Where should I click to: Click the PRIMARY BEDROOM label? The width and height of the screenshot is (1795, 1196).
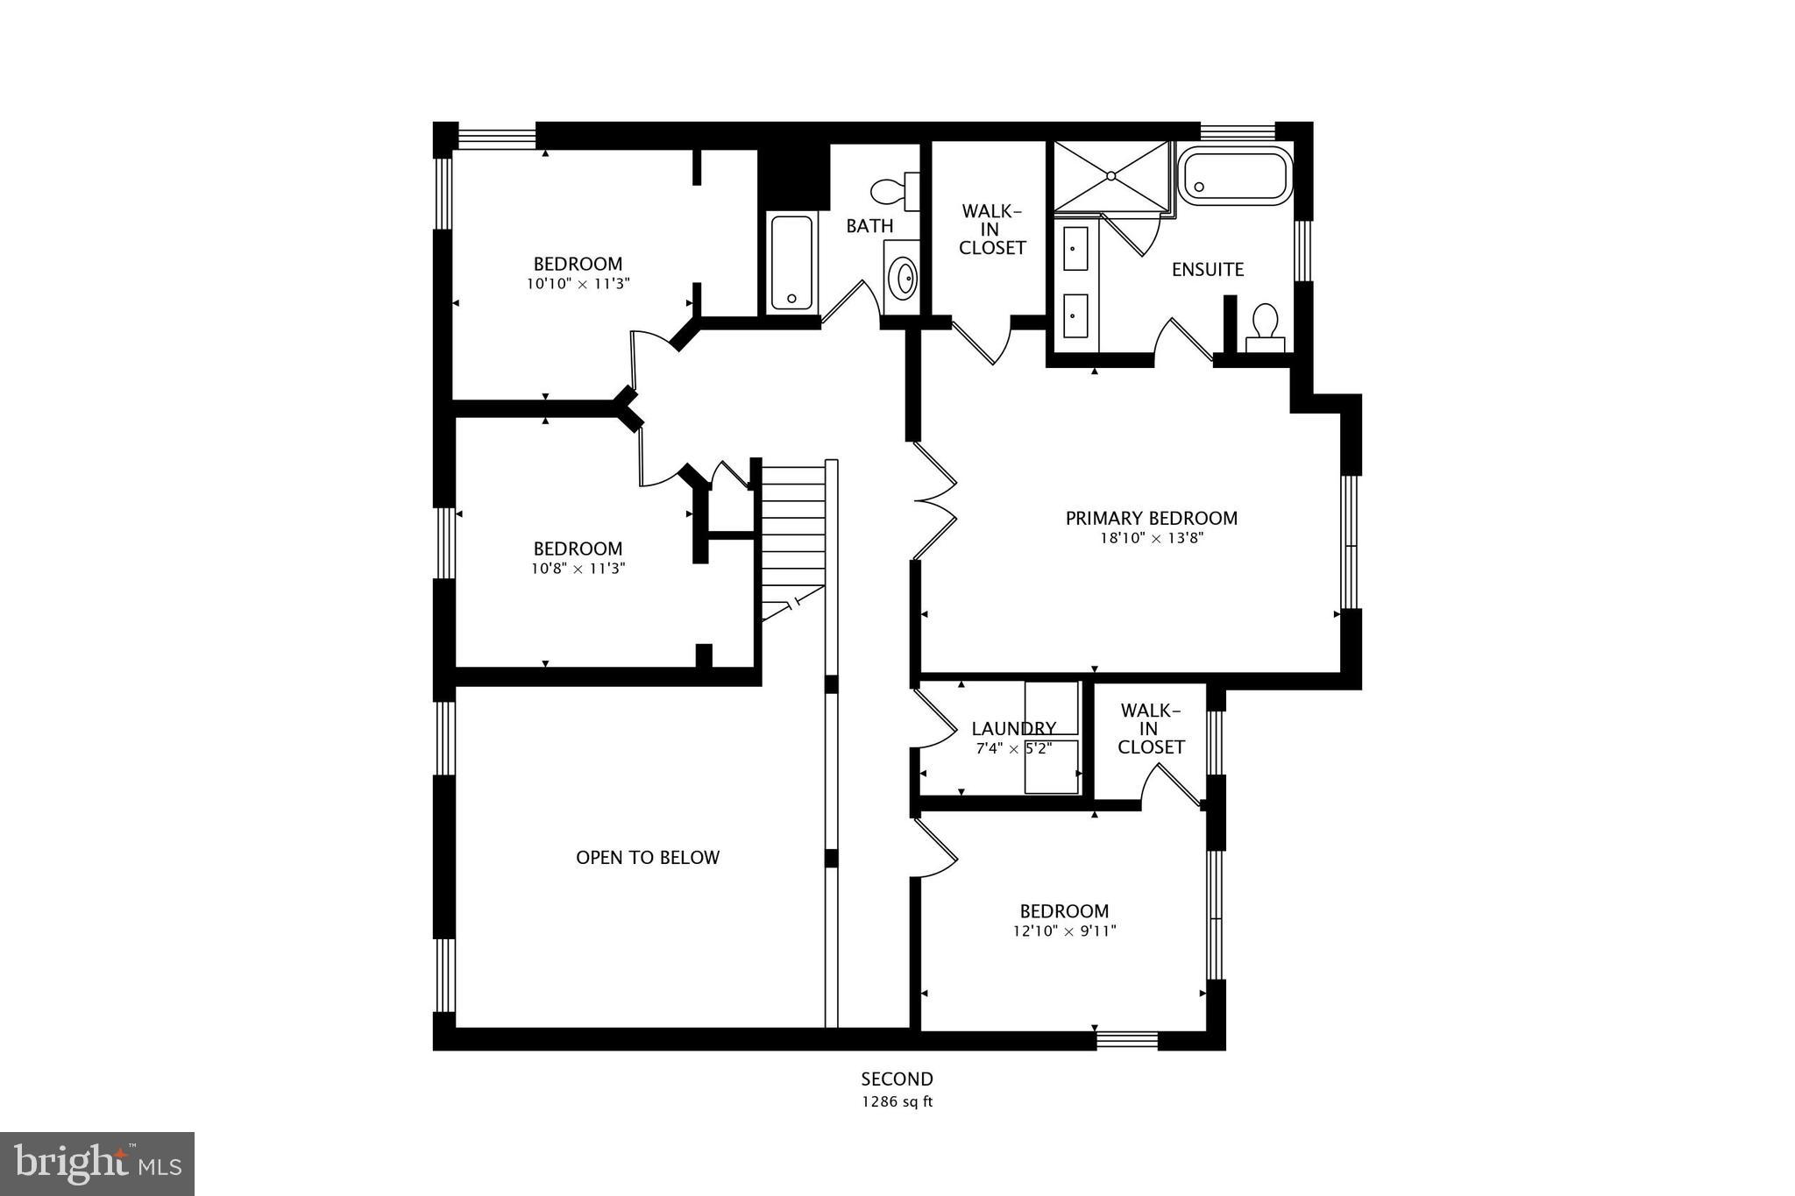[x=1151, y=518]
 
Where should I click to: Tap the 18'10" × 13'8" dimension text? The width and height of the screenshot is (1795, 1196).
[x=1151, y=539]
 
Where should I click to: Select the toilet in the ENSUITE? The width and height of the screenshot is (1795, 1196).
[x=1264, y=326]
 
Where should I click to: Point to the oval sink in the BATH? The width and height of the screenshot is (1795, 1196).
[x=902, y=279]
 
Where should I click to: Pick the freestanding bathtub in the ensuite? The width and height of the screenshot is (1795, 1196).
[x=1235, y=175]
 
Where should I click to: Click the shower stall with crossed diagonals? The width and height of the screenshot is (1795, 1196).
[x=1111, y=176]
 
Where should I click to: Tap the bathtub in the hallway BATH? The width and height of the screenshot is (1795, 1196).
[x=792, y=263]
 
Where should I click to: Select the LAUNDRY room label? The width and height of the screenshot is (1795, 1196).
[x=1013, y=728]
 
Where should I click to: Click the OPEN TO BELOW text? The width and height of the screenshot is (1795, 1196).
[x=648, y=858]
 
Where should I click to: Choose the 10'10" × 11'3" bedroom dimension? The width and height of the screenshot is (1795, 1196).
[x=578, y=284]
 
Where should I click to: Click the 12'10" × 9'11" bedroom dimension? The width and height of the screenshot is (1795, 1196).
[x=1064, y=931]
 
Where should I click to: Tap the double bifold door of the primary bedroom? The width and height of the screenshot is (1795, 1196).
[x=934, y=501]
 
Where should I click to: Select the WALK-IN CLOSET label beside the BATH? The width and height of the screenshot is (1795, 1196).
[x=991, y=230]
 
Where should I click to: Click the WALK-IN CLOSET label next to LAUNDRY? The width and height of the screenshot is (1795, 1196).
[x=1150, y=729]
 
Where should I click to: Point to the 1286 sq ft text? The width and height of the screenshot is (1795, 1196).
[x=896, y=1102]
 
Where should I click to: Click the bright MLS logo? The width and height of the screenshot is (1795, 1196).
[x=97, y=1164]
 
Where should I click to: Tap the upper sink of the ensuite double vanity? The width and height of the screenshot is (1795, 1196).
[x=1075, y=249]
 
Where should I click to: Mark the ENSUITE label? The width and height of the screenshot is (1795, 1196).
[x=1207, y=270]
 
